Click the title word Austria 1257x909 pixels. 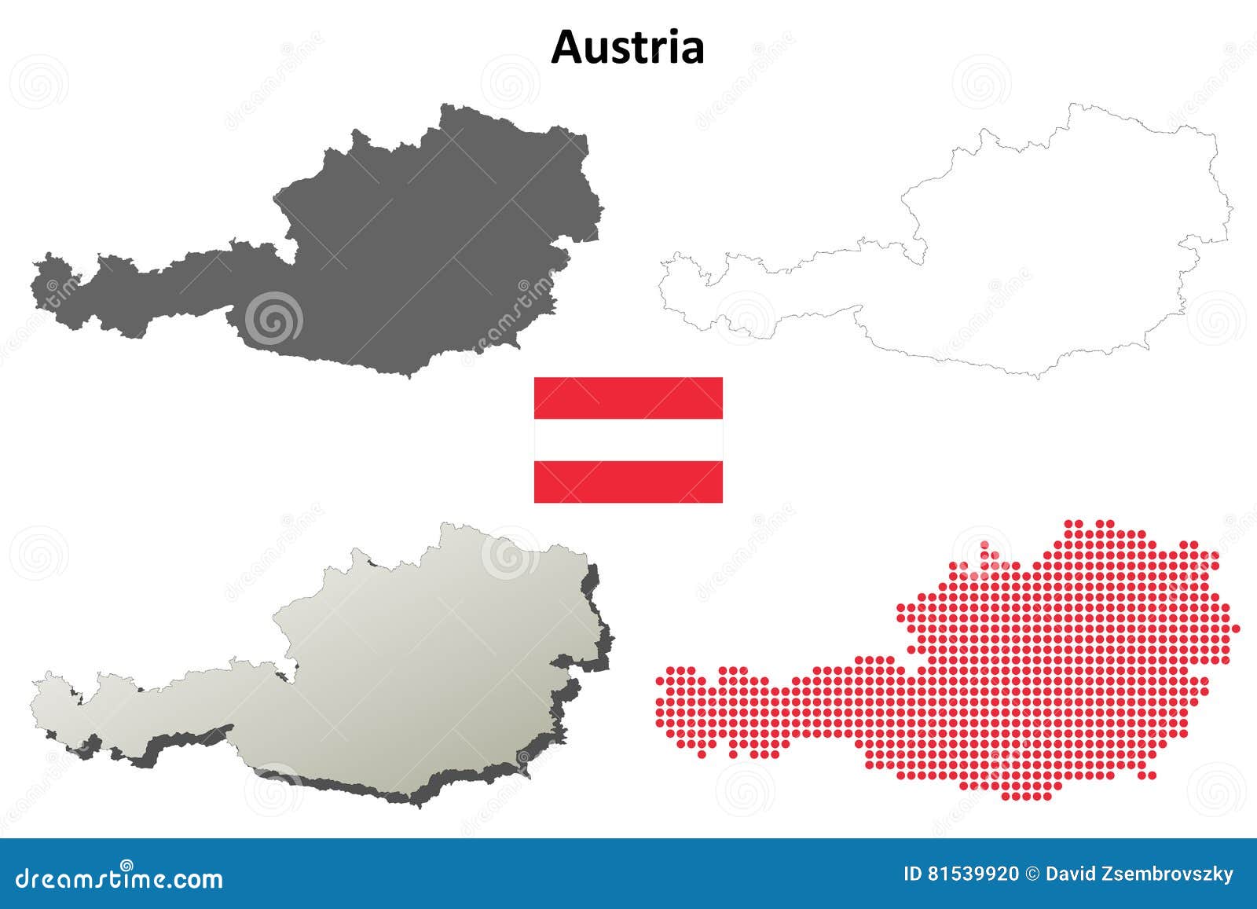point(627,47)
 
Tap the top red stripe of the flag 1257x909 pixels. point(628,398)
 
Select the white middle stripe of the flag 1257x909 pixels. point(628,440)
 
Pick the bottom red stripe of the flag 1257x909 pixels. point(628,482)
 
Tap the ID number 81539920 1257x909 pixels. point(973,874)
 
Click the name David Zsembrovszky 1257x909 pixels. point(1139,874)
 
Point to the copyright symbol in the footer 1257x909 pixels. point(1033,874)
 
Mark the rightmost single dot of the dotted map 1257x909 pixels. point(1236,629)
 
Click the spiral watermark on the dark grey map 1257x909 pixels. point(273,319)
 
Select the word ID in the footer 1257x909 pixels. point(913,874)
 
